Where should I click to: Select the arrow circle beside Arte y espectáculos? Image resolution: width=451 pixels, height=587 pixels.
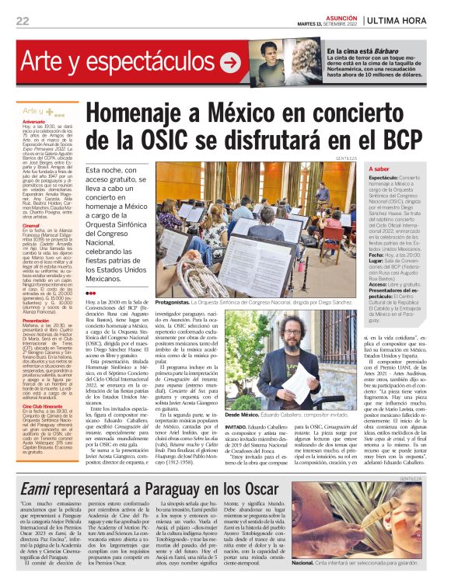[x=231, y=61]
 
